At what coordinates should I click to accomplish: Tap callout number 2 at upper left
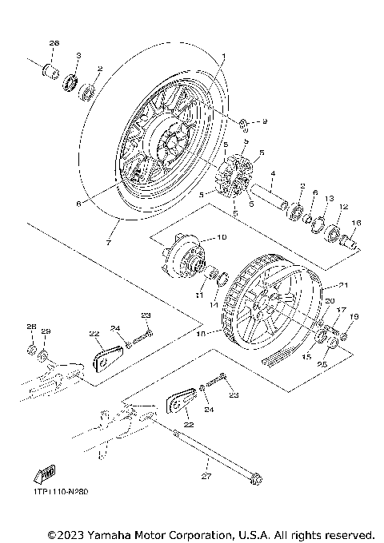click(100, 68)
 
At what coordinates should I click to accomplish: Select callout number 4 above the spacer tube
click(272, 173)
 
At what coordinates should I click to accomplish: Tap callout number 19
click(354, 317)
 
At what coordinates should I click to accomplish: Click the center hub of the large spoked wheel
click(171, 146)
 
